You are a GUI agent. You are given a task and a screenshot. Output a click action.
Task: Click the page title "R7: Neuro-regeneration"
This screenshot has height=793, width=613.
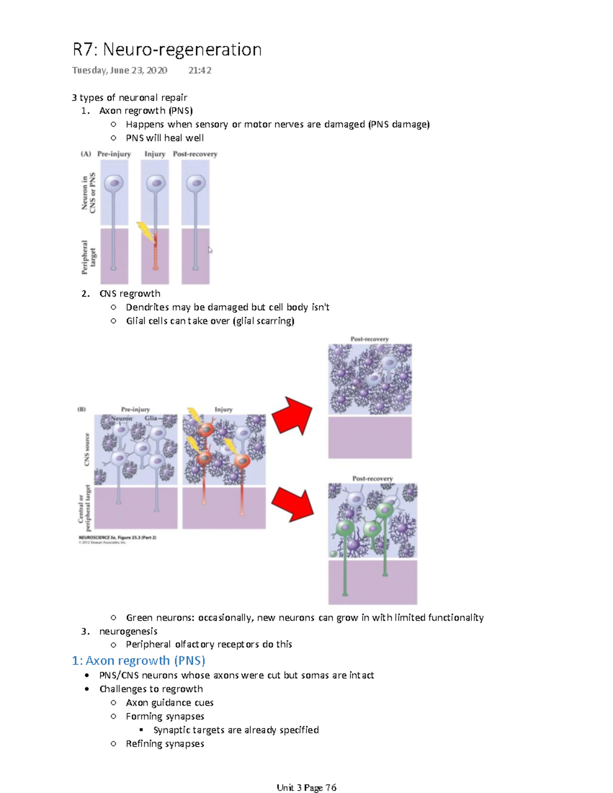(x=167, y=50)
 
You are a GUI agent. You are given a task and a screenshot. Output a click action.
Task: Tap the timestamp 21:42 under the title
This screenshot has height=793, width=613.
(x=199, y=70)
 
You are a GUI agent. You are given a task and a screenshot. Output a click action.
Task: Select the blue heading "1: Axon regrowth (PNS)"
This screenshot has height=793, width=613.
(x=138, y=660)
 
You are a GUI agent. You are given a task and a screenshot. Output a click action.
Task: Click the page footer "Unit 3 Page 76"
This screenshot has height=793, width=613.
(x=306, y=787)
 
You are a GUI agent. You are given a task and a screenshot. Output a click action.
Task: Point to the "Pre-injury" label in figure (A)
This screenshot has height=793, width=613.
(x=114, y=154)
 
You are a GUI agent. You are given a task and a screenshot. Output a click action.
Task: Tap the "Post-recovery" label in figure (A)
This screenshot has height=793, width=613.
(x=195, y=154)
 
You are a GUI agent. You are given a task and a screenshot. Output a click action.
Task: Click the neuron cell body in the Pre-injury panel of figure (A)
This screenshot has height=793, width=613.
(x=114, y=183)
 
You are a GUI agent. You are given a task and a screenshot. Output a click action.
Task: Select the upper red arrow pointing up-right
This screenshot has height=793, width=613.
(x=292, y=415)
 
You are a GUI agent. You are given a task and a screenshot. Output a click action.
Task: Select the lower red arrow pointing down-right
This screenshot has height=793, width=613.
(x=292, y=503)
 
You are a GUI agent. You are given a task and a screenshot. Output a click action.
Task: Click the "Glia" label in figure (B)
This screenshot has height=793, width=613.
(x=151, y=418)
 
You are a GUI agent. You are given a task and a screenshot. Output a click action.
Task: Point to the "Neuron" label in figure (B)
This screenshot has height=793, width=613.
(x=122, y=418)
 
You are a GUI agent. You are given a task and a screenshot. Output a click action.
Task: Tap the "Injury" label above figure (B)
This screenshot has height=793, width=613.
(x=223, y=409)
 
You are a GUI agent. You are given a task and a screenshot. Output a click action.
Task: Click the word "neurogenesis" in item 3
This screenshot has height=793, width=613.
(x=128, y=631)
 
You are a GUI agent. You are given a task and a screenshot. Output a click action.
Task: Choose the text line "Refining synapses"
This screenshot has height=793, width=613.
(x=165, y=743)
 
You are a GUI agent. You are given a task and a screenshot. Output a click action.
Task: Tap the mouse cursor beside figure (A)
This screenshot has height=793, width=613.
(x=210, y=250)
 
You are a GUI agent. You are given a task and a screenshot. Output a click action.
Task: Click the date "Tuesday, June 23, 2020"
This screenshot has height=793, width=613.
(x=120, y=70)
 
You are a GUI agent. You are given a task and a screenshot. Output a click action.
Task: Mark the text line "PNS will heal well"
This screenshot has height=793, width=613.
(x=164, y=138)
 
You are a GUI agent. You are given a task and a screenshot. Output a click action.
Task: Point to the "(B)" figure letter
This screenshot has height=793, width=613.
(x=82, y=409)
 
